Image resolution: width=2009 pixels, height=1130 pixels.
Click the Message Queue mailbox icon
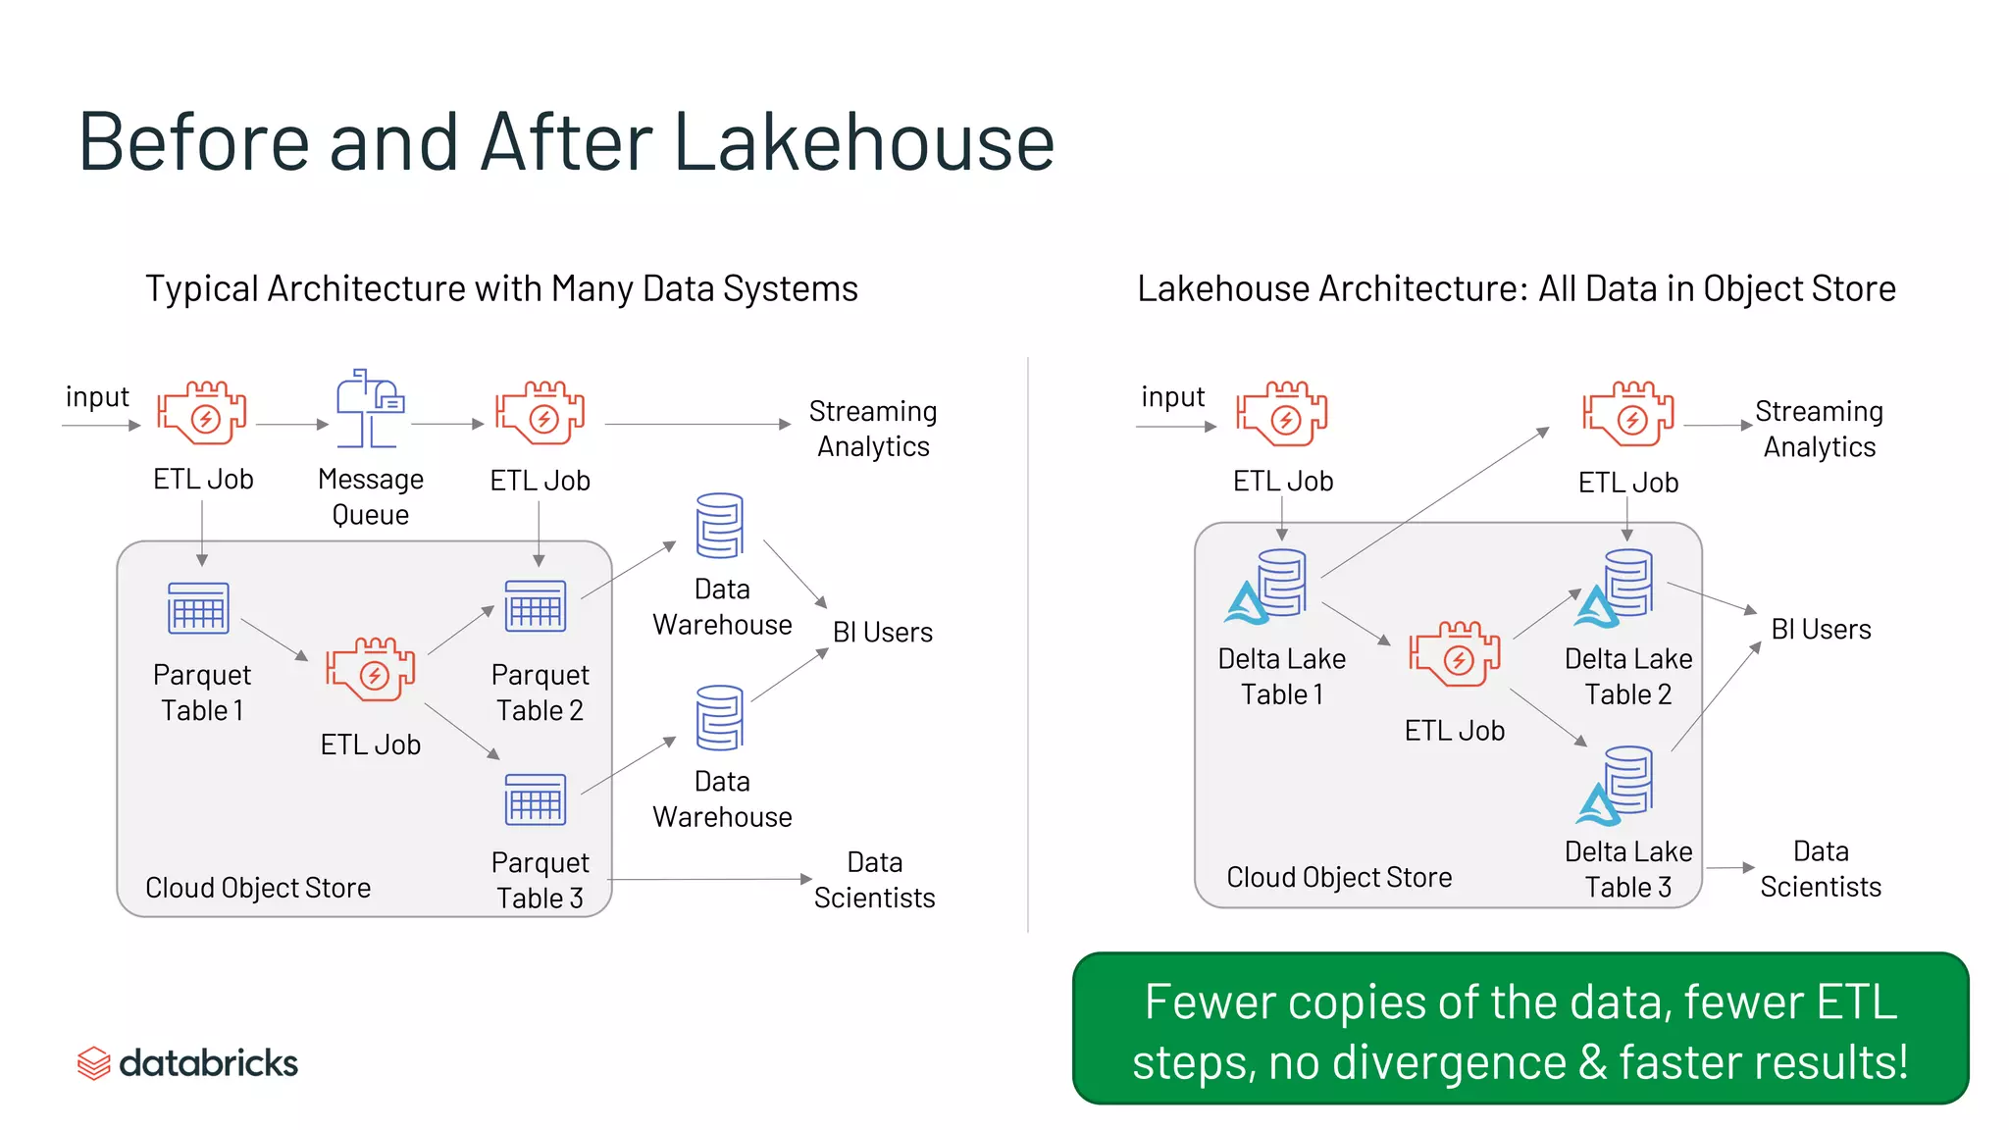(x=370, y=409)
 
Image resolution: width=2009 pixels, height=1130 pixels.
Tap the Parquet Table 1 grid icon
(x=199, y=608)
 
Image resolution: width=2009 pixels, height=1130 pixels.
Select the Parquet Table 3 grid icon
(x=536, y=799)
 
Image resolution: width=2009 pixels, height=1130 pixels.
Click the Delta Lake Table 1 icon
(x=1269, y=587)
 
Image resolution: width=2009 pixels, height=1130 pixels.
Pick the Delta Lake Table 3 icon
(x=1617, y=786)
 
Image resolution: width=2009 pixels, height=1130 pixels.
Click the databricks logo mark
(x=94, y=1063)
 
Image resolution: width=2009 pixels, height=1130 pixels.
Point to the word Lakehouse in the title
(x=863, y=142)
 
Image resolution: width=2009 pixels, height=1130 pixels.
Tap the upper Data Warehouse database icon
(x=719, y=526)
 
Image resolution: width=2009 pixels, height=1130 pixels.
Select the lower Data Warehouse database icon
(x=719, y=718)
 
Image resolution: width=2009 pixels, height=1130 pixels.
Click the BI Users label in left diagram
(x=882, y=633)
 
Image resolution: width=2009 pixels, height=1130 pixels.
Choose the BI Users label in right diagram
(x=1821, y=630)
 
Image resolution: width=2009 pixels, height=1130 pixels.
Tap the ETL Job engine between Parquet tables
(x=371, y=670)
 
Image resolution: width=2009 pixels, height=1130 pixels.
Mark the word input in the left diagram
(x=97, y=397)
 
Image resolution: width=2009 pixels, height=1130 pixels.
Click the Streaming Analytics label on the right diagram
(x=1819, y=429)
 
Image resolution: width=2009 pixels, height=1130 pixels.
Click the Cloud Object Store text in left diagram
(x=258, y=888)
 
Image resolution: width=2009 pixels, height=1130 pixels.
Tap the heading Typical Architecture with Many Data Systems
(x=501, y=289)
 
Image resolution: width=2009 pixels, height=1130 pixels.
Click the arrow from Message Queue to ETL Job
(x=447, y=425)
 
